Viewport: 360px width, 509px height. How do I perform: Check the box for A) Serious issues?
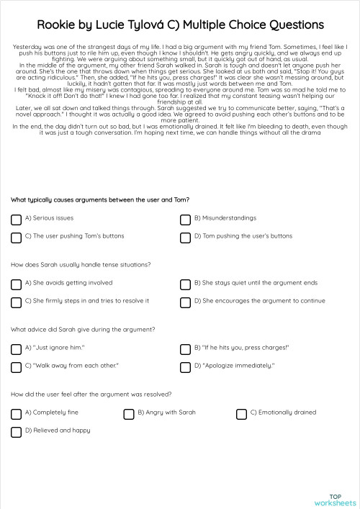16,218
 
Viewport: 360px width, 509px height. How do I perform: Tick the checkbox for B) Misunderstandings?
185,218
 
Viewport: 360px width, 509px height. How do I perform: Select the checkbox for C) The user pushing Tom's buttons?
16,236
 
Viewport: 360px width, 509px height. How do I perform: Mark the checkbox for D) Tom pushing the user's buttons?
185,236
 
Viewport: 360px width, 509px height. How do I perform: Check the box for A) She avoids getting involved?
16,284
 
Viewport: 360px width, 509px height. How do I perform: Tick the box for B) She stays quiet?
185,284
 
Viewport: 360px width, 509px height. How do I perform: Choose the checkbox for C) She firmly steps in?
16,302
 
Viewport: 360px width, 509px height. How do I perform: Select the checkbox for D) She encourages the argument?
185,302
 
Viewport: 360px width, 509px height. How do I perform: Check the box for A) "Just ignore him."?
16,349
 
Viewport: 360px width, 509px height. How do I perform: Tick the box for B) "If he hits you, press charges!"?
185,349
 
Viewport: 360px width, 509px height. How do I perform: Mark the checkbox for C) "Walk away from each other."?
16,367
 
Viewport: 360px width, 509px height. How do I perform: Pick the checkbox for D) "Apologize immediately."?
185,367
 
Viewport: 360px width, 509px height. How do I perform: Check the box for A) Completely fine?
16,414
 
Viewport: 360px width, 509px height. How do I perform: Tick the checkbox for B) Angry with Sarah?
129,414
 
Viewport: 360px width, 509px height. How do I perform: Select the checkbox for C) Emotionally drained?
241,414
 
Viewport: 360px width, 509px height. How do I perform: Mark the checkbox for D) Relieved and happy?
16,432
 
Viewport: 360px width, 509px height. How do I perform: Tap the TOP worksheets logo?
335,500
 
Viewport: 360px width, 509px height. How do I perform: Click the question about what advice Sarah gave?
83,330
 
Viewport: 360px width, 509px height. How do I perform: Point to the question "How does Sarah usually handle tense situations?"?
81,264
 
